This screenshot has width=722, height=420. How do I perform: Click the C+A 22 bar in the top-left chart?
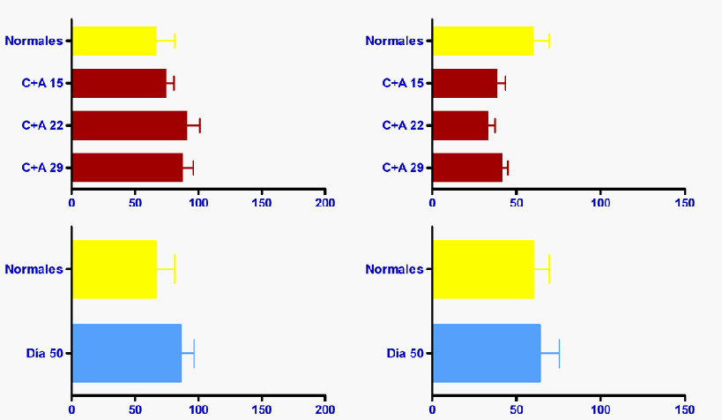pos(129,125)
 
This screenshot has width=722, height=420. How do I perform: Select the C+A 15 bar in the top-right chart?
pos(465,83)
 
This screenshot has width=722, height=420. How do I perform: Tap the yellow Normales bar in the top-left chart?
pos(114,41)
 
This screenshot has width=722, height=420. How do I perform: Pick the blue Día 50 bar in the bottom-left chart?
pos(126,353)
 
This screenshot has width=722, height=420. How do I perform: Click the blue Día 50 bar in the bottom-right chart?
pos(486,353)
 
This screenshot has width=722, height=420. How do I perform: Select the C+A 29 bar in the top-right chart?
pos(467,168)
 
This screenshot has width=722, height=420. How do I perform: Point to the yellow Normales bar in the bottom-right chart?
pos(482,269)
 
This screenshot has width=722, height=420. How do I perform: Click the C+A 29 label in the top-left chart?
pos(43,168)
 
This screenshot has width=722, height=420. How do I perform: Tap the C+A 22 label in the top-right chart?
pos(403,125)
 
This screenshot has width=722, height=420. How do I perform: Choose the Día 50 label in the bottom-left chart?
pos(45,354)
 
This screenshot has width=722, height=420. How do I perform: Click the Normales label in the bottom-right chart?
pos(394,269)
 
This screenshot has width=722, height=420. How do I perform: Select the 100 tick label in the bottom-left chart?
pos(198,409)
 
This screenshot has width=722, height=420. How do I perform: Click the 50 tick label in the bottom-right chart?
pos(516,409)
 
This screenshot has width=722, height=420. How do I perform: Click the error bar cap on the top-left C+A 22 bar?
pos(200,125)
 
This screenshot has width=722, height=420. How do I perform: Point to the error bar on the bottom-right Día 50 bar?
pos(551,353)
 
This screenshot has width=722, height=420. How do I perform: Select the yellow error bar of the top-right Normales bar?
pos(542,41)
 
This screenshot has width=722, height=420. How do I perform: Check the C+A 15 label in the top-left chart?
pos(43,83)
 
